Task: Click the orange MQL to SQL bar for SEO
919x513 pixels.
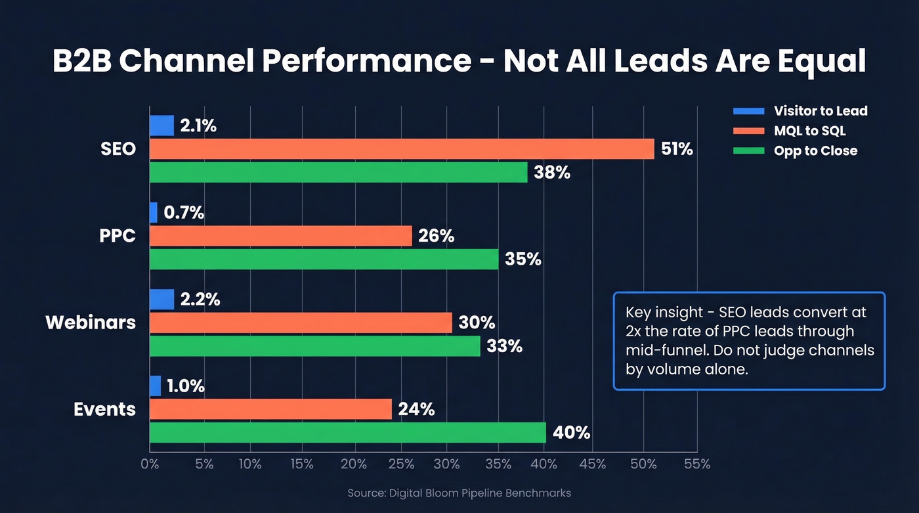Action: point(402,149)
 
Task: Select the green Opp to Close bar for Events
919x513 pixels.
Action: point(348,433)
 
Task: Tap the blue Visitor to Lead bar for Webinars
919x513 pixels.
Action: point(161,300)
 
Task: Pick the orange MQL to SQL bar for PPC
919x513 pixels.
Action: point(281,236)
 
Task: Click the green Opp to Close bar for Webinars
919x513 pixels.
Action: point(315,346)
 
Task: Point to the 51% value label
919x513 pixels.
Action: point(677,149)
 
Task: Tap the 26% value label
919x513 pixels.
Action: point(436,236)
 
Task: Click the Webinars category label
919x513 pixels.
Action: point(91,323)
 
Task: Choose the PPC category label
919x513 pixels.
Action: point(118,236)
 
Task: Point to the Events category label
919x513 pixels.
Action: point(104,409)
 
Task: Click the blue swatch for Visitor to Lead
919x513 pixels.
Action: point(748,111)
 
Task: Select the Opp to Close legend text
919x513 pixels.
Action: point(815,150)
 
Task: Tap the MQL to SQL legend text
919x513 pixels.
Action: point(809,131)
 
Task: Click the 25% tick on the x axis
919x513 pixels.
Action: point(401,464)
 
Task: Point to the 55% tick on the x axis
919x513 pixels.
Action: point(696,464)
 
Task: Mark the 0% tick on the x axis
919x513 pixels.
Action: point(150,464)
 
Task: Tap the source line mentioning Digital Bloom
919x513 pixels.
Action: point(459,493)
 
